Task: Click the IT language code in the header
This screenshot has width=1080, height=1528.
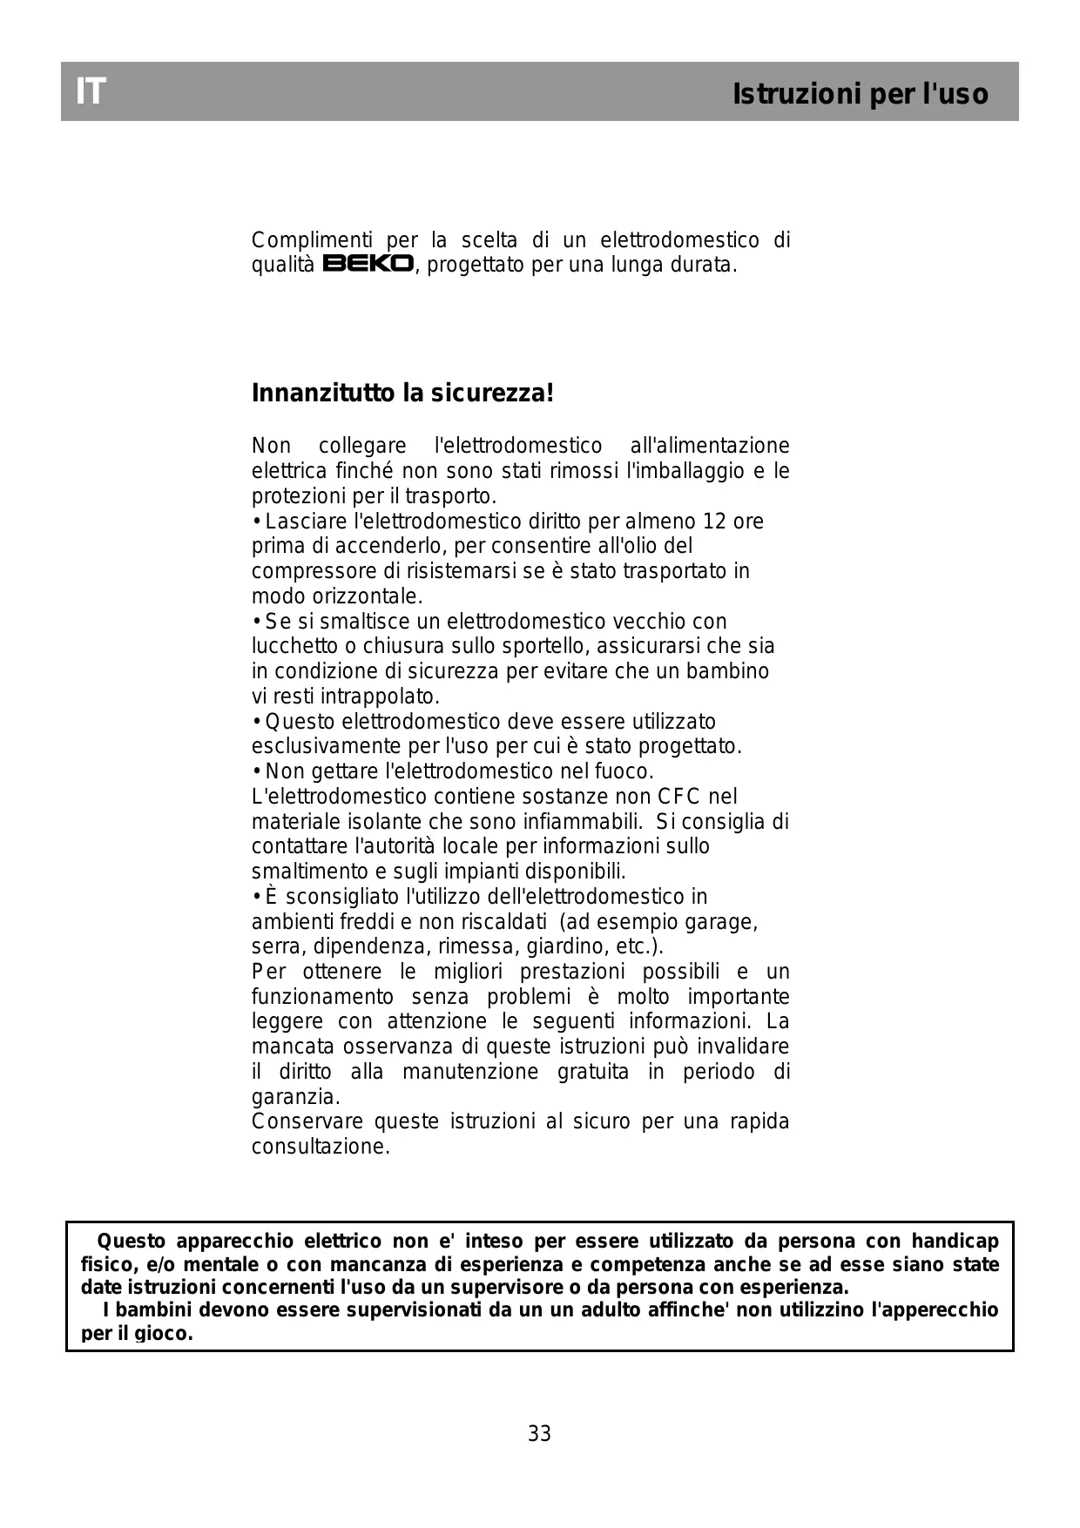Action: [91, 91]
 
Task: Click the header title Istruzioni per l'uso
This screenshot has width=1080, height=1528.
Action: [860, 94]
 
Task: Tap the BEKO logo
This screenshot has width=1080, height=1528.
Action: [368, 264]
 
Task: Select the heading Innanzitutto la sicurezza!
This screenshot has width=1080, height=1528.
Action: [402, 394]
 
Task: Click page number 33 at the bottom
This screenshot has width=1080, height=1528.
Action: [539, 1433]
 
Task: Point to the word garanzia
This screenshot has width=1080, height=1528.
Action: [294, 1097]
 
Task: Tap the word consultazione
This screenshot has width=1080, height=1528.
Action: [320, 1147]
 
